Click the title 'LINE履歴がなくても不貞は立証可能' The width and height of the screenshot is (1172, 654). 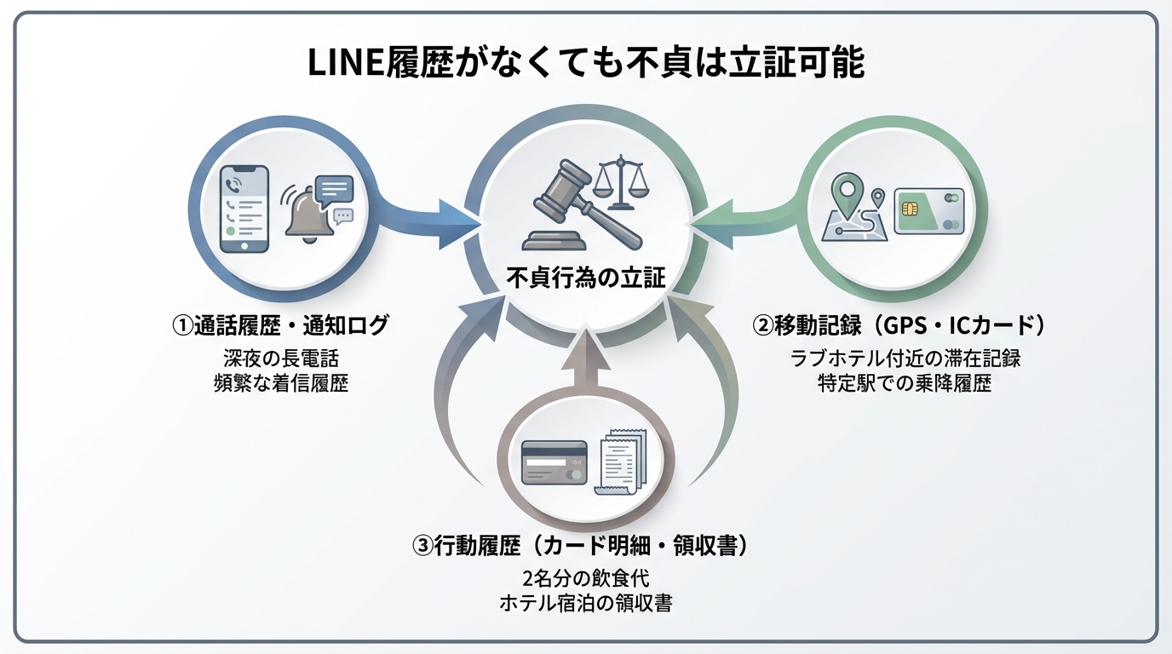[586, 64]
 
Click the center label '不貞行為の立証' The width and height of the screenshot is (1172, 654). [586, 278]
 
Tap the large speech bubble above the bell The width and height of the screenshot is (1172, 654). [333, 188]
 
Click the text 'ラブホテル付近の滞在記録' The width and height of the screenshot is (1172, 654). [905, 358]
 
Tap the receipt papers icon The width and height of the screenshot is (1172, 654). [621, 462]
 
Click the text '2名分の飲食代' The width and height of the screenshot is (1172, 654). [585, 578]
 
